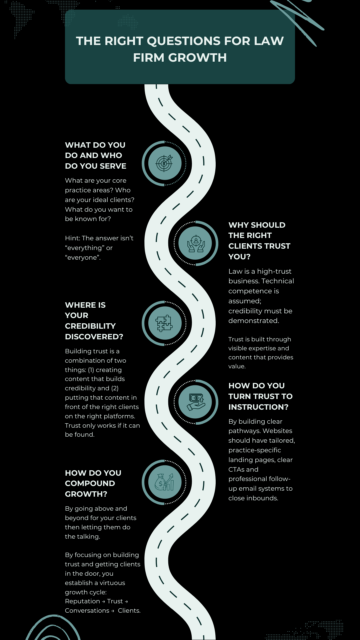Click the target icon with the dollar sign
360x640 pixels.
tap(165, 163)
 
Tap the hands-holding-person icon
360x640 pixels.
tap(195, 243)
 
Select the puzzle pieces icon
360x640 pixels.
tap(165, 323)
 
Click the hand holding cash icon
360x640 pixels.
tap(195, 402)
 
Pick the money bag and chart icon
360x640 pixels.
tap(165, 482)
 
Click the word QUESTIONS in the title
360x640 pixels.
tap(184, 41)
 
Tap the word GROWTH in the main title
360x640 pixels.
tap(197, 58)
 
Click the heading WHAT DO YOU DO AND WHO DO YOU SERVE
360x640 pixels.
tap(95, 155)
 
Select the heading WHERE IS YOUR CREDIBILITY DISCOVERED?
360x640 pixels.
tap(94, 321)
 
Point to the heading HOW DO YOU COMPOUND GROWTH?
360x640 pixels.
tap(93, 483)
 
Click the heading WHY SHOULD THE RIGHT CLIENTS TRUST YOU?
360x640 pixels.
tap(259, 241)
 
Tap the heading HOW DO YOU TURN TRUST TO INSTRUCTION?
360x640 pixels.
tap(260, 396)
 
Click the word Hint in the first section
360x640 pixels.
tap(72, 238)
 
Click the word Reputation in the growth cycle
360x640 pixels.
tap(82, 601)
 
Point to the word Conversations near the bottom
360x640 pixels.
tap(87, 610)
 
